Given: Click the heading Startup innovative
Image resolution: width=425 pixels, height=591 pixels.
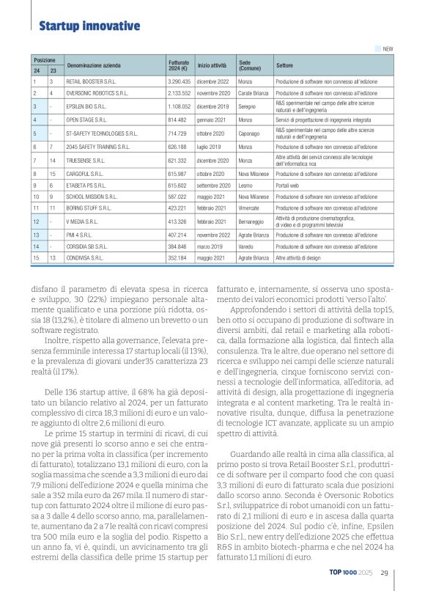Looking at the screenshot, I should point(89,26).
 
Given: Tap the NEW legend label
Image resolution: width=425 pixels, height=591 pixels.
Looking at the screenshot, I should point(388,49).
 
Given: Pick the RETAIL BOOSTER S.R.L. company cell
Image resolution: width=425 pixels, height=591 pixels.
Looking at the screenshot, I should point(91,81).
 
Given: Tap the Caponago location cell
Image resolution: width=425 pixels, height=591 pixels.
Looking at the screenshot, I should point(249,133).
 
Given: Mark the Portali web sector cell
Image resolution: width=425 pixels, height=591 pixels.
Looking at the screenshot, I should point(287,186).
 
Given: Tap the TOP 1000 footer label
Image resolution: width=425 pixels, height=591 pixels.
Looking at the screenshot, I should point(344,573).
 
